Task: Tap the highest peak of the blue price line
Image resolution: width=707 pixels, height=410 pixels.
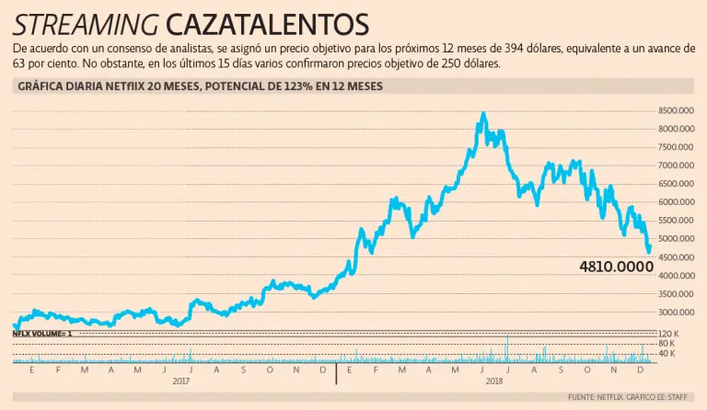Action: click(483, 113)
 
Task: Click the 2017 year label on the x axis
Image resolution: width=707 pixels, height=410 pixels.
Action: click(182, 380)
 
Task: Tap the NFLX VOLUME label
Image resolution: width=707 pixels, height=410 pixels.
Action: click(42, 334)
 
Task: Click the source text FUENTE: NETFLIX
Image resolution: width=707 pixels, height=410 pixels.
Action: click(598, 397)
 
